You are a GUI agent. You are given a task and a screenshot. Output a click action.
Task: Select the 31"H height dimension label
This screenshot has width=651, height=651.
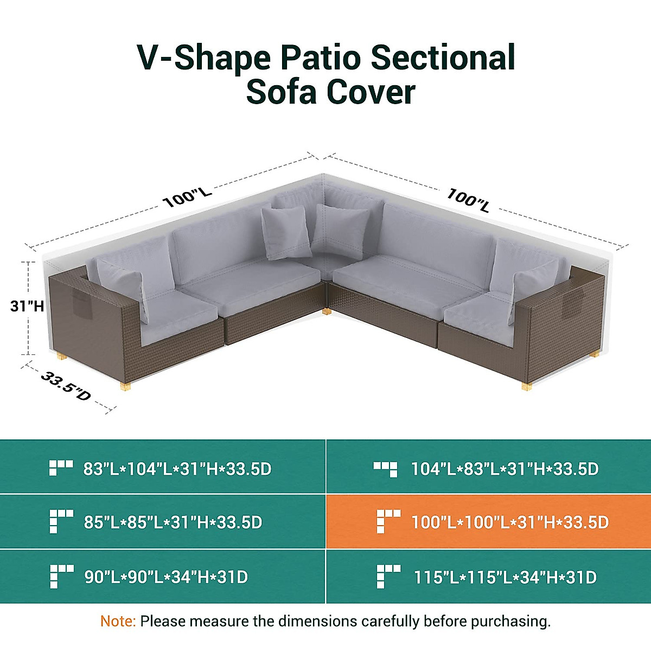click(27, 306)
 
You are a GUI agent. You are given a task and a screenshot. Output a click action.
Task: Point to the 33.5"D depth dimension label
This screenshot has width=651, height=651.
click(66, 386)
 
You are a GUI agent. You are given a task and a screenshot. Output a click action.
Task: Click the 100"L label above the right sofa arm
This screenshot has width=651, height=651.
click(468, 199)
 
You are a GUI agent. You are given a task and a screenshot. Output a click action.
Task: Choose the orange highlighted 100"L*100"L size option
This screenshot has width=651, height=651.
click(509, 522)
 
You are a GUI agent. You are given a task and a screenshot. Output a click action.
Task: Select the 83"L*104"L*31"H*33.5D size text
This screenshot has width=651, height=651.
click(177, 469)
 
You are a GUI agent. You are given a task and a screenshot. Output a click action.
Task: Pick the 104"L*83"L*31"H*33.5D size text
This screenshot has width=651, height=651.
click(505, 469)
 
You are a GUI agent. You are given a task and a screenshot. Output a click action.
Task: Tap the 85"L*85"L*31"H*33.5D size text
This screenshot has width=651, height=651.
click(173, 522)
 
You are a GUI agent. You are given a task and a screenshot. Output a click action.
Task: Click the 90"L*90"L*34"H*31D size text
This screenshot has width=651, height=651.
click(166, 577)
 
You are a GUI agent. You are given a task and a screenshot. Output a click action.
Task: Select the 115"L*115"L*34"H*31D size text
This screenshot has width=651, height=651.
click(505, 577)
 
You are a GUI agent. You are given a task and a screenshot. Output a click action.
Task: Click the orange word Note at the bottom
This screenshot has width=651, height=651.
click(118, 621)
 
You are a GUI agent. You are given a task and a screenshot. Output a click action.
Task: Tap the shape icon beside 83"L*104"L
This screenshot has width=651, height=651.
click(61, 468)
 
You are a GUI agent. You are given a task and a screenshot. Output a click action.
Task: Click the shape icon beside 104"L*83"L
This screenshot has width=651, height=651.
click(385, 468)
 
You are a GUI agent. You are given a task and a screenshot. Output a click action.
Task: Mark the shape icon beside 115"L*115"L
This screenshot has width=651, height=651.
click(388, 576)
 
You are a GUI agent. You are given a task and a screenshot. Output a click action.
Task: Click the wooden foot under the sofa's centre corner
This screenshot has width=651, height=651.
click(326, 311)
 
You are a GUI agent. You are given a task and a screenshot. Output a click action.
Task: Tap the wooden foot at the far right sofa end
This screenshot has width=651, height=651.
click(526, 386)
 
